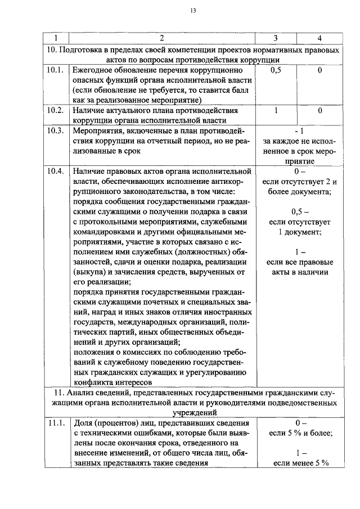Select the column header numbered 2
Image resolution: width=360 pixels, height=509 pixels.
(162, 38)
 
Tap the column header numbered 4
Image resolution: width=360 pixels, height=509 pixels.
(319, 38)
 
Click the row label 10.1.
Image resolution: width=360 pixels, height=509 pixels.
(55, 71)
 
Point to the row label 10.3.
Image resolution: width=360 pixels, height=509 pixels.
(55, 130)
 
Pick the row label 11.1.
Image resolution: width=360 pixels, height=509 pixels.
(55, 423)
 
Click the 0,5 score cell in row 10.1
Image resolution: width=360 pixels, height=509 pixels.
(276, 71)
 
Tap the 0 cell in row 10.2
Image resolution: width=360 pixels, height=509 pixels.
(319, 111)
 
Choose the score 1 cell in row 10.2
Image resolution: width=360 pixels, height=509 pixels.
(276, 111)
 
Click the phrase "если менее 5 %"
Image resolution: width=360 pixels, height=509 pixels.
(300, 463)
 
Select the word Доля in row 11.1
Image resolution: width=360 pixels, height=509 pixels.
(83, 423)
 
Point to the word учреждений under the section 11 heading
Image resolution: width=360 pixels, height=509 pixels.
(193, 412)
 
